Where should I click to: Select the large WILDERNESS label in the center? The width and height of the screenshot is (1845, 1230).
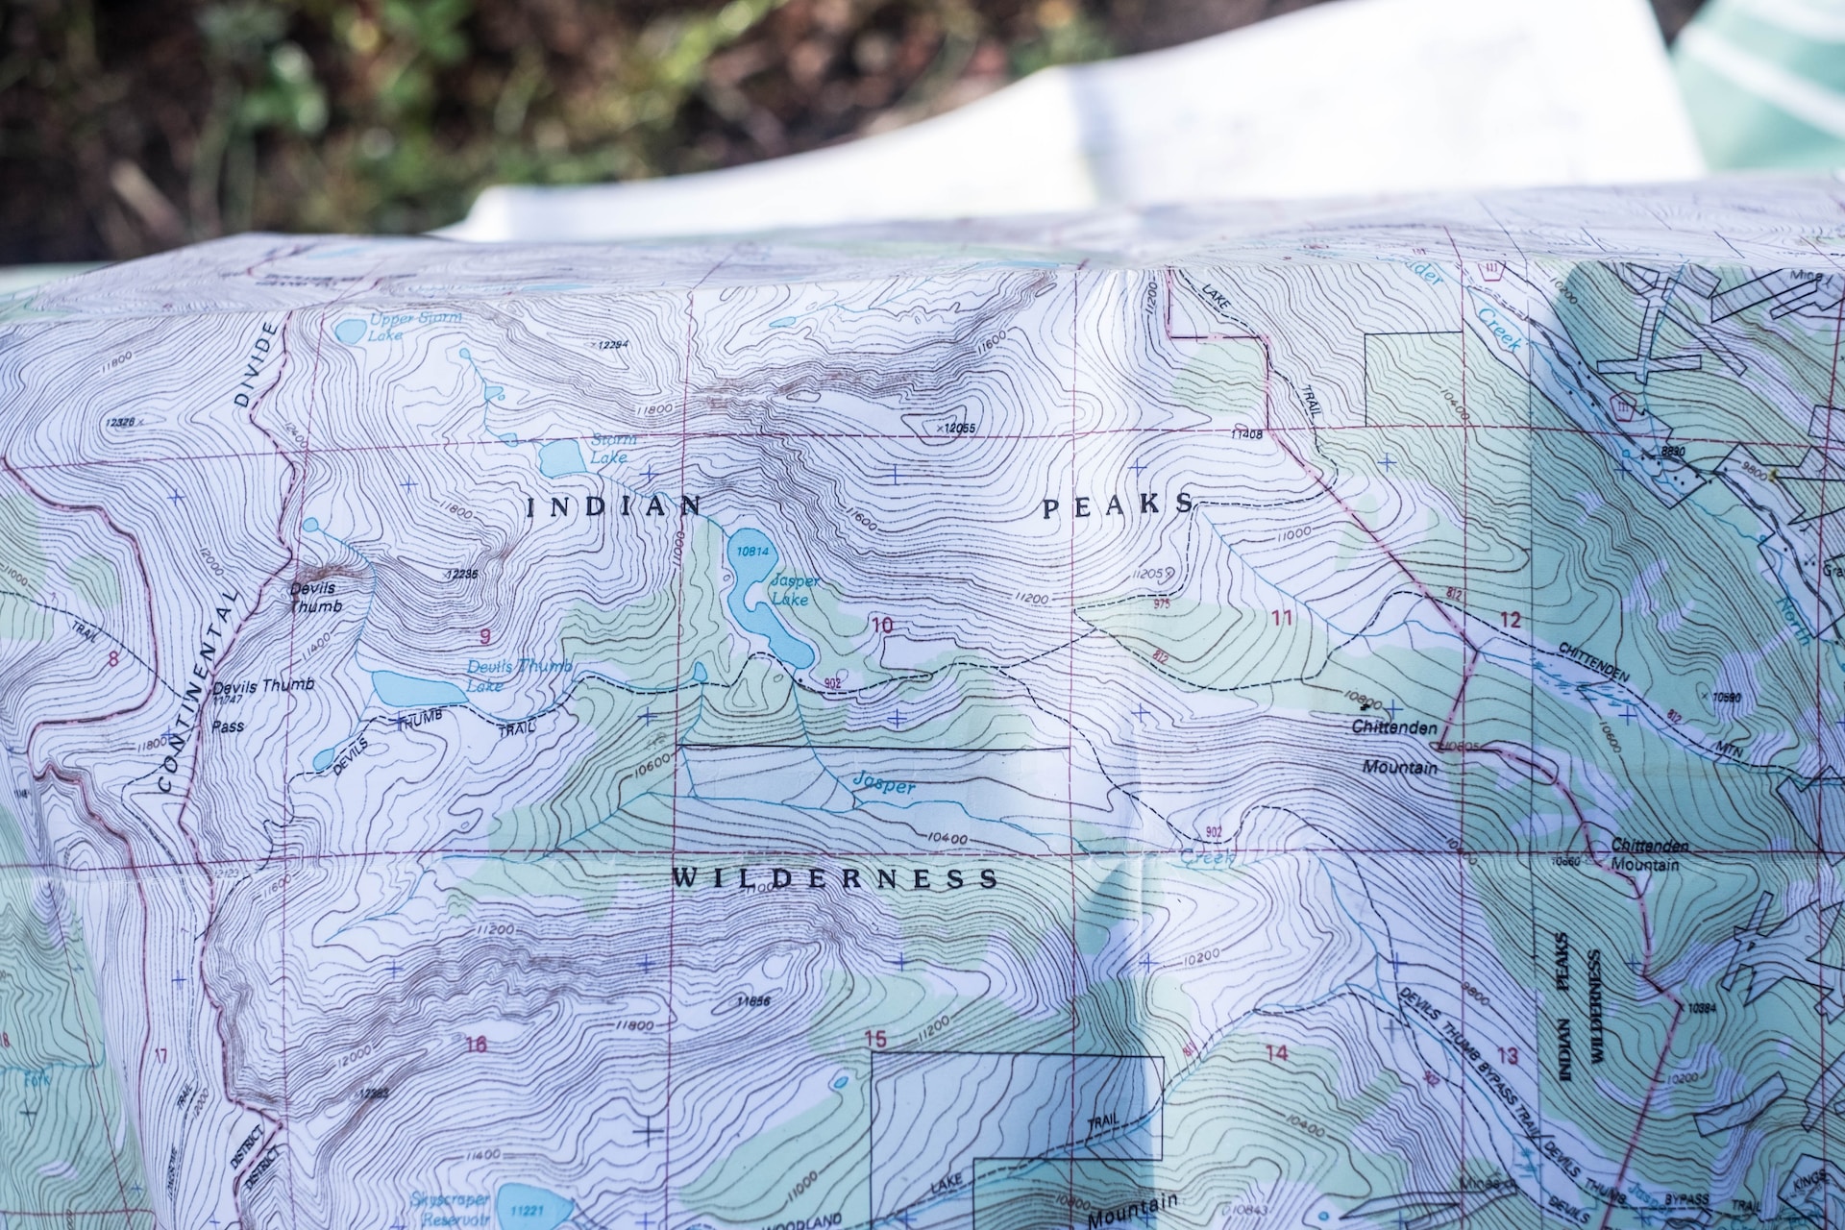[834, 878]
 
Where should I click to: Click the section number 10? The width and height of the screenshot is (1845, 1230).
[881, 626]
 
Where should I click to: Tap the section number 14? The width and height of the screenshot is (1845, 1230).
[1276, 1053]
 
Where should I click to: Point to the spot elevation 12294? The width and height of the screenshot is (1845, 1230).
[611, 345]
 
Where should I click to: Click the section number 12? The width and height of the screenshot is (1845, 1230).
[1510, 621]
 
